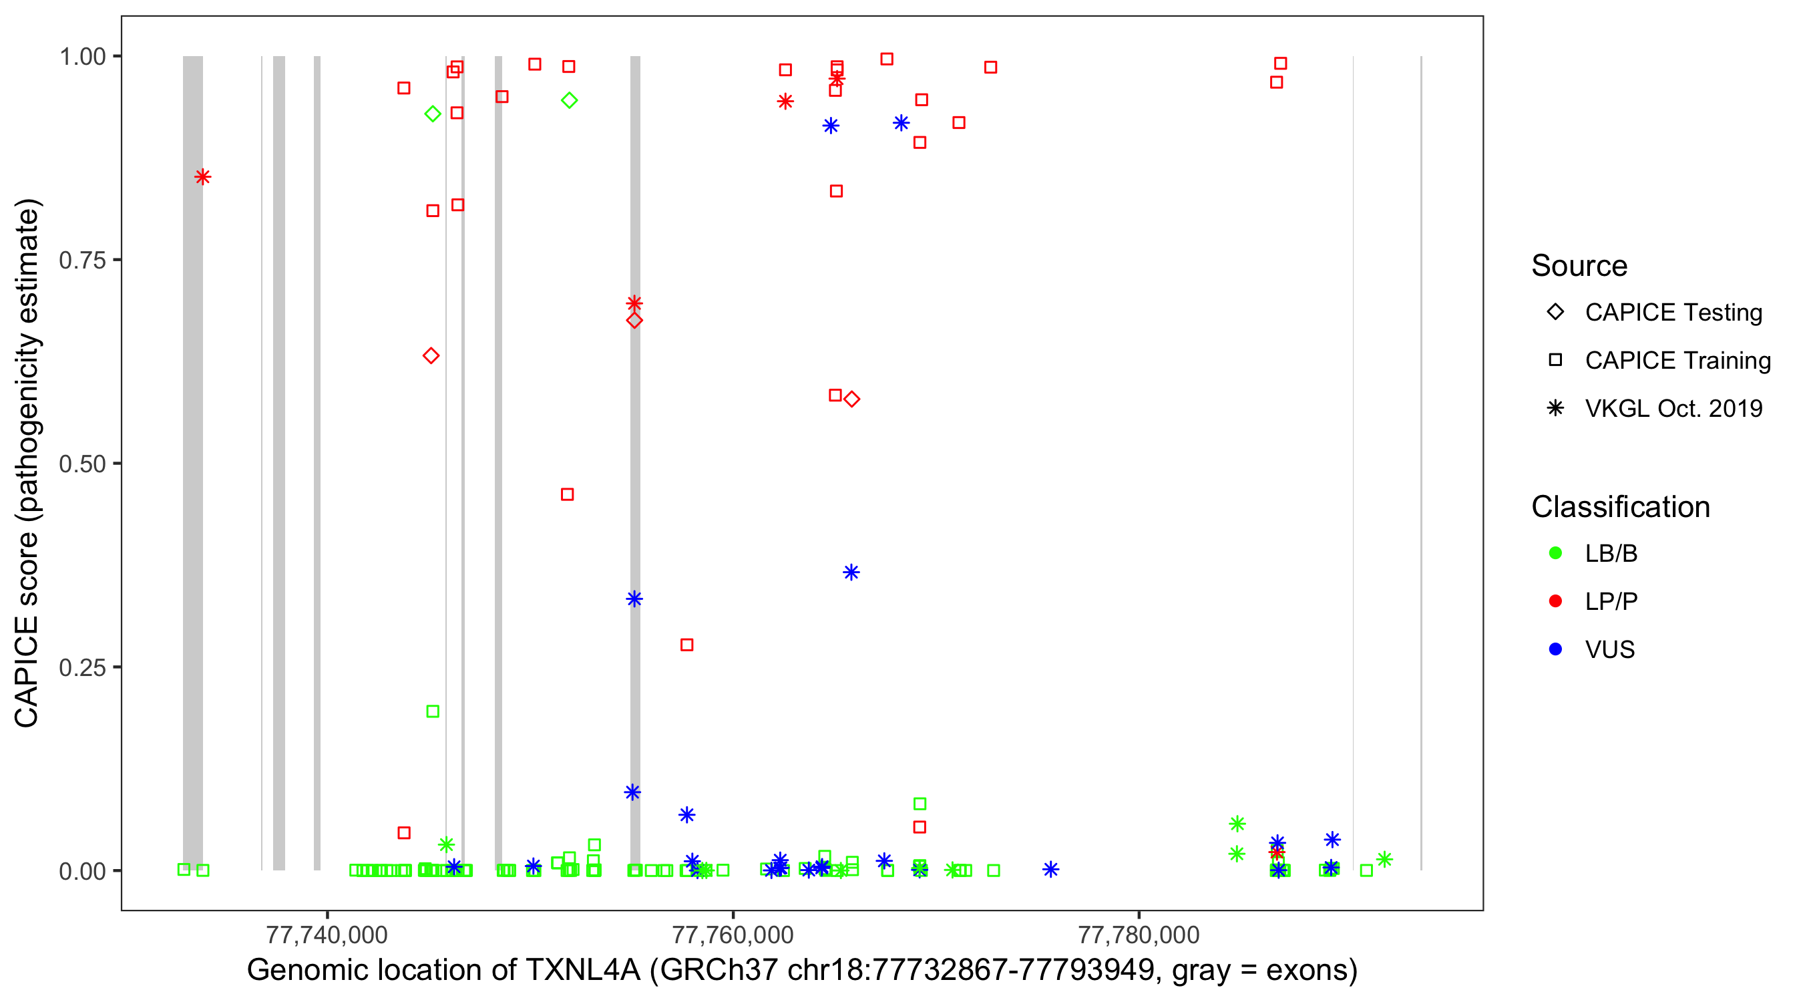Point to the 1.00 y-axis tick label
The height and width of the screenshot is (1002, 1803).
(82, 57)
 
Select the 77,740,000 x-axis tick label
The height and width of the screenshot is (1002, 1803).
(327, 935)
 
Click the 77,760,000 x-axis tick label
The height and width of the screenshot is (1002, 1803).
(733, 935)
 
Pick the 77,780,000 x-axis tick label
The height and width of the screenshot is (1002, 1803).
(1139, 935)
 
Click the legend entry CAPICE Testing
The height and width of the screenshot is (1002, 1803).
(1673, 313)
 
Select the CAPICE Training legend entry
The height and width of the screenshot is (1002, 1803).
(1677, 361)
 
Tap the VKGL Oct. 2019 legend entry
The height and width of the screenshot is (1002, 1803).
(1673, 409)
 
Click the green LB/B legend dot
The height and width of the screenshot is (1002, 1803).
(1555, 553)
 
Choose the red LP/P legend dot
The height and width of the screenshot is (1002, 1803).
(1555, 601)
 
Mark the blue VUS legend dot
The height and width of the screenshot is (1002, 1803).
(1555, 650)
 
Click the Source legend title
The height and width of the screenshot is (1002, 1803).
(1579, 266)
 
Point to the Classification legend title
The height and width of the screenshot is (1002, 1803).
(1620, 507)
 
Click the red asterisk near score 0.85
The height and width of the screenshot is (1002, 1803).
(202, 177)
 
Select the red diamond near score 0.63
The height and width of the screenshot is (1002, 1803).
(431, 355)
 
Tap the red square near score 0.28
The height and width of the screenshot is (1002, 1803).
(686, 645)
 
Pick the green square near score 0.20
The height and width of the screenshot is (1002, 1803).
(433, 711)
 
